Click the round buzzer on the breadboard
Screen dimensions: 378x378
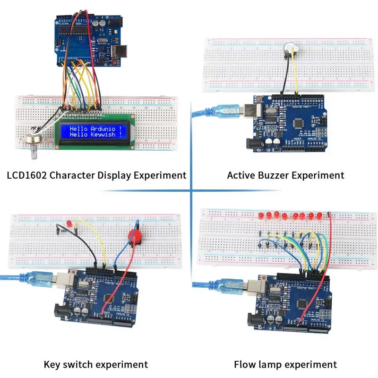289,48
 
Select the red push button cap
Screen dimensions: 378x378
136,236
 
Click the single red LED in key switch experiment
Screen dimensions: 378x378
69,222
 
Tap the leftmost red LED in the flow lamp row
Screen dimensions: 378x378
261,216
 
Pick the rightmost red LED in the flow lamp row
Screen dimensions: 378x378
318,216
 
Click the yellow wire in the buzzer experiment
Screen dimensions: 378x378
295,76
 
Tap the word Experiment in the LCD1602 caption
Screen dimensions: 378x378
159,175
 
